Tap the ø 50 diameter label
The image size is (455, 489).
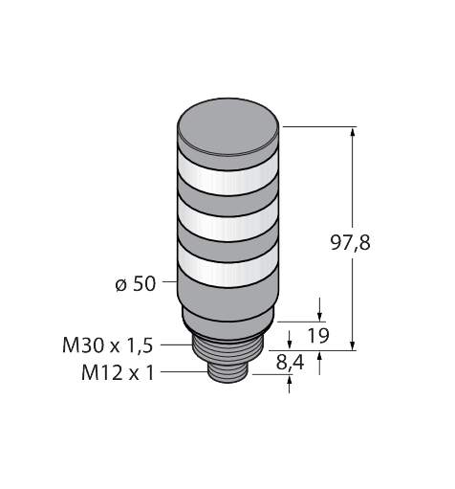(x=134, y=284)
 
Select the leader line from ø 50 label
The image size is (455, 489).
(x=168, y=284)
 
